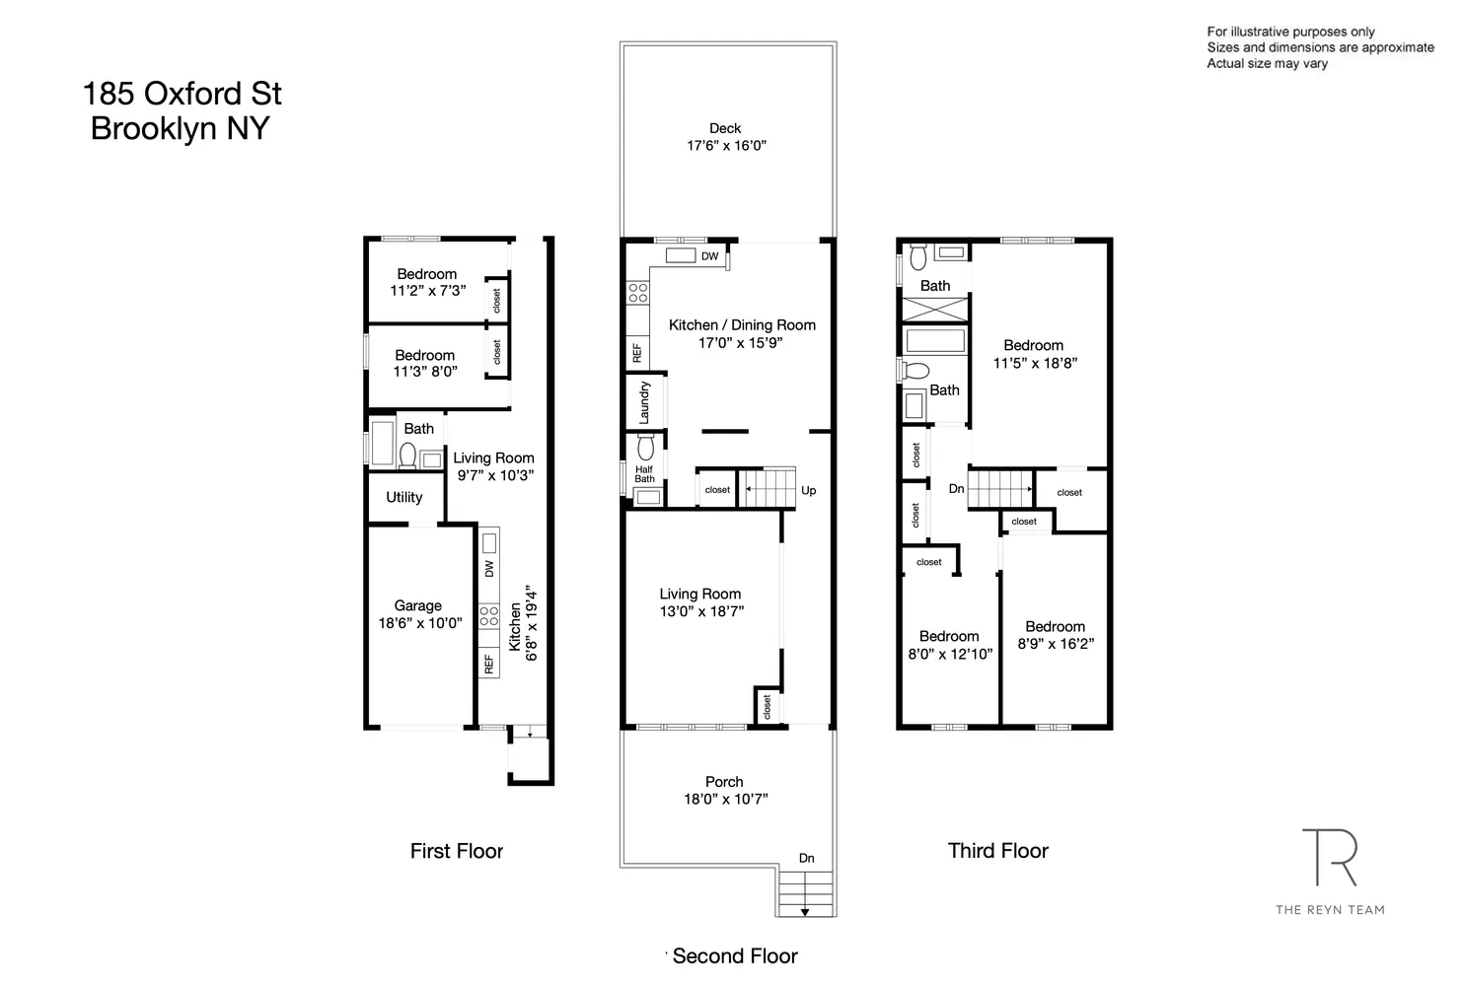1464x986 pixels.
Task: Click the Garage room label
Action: (417, 605)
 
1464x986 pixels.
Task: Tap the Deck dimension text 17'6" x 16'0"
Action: (726, 146)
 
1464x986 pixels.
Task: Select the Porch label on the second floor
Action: (724, 782)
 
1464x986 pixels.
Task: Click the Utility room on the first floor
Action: (404, 497)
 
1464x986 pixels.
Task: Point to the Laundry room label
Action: (644, 402)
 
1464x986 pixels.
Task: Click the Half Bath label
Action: (644, 474)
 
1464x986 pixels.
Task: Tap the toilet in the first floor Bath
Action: (406, 455)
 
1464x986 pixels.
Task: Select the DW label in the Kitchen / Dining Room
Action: (709, 256)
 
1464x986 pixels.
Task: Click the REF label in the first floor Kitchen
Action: (488, 665)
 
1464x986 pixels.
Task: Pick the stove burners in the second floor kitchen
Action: (637, 292)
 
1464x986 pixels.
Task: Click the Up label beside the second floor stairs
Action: (809, 490)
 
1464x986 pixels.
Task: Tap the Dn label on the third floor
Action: (956, 489)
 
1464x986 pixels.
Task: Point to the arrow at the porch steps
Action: (805, 912)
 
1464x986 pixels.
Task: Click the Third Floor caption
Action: (997, 851)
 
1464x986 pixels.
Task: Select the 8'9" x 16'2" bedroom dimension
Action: (1055, 644)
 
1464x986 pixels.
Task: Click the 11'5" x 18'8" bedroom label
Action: (1034, 354)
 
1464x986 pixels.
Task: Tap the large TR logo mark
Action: (1329, 858)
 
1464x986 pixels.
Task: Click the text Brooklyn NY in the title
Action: (180, 129)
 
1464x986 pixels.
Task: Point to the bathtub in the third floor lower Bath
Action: (934, 341)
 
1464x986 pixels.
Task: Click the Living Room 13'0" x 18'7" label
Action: (700, 602)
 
